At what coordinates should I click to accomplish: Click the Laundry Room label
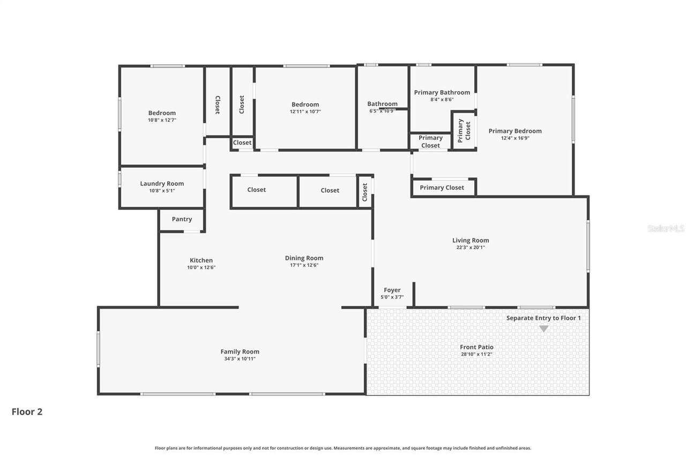pos(162,184)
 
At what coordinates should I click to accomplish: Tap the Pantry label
pos(182,219)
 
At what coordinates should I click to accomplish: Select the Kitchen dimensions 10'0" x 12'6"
pos(201,267)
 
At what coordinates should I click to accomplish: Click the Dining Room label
pos(304,258)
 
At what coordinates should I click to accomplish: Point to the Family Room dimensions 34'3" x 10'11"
pos(240,359)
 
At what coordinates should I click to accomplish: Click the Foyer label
pos(392,290)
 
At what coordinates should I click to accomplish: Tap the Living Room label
pos(471,240)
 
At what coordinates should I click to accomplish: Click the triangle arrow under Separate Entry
pos(543,329)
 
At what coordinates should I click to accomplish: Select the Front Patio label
pos(476,347)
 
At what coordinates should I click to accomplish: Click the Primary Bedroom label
pos(514,131)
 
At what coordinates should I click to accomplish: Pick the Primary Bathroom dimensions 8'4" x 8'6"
pos(442,100)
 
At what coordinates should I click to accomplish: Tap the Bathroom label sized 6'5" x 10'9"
pos(382,104)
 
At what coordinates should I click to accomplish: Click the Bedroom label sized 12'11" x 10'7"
pos(305,104)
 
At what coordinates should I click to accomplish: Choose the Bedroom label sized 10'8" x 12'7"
pos(162,113)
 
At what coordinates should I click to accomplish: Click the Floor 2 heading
pos(27,411)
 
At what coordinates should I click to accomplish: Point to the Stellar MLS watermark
pos(666,228)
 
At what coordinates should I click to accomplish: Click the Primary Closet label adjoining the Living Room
pos(442,188)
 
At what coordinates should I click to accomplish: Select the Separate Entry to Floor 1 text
pos(543,318)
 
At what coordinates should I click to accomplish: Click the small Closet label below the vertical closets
pos(242,143)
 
